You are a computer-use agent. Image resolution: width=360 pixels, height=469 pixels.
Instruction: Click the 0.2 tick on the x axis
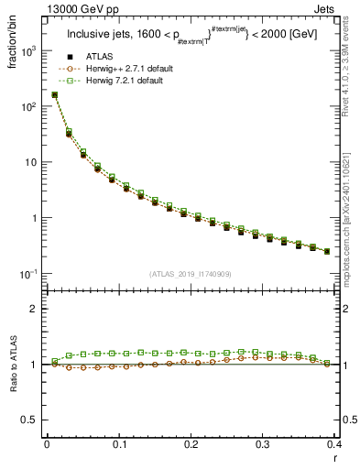click(x=191, y=444)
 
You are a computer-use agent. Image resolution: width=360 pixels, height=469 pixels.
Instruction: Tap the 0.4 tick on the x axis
click(x=333, y=444)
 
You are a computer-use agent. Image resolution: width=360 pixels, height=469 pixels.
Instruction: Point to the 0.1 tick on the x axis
click(x=118, y=444)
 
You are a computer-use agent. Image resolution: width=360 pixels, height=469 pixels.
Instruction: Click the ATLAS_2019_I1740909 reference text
click(x=191, y=273)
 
